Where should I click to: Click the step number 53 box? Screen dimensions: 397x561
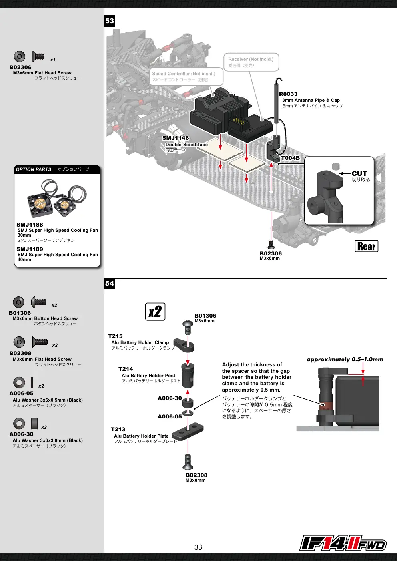pos(110,21)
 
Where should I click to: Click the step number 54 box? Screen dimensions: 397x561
pos(110,284)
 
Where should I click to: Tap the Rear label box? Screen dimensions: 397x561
pos(366,246)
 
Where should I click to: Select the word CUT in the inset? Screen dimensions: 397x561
pos(359,173)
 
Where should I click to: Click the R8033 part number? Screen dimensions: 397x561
pos(288,94)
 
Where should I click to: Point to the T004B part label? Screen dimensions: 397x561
pos(290,158)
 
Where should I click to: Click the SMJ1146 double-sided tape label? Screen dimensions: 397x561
pos(176,138)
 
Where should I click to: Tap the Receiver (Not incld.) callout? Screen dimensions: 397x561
pos(251,62)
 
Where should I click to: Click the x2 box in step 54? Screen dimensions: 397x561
pos(155,312)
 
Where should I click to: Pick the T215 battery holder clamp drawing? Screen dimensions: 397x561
pos(184,345)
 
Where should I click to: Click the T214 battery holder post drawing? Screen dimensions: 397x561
pos(188,376)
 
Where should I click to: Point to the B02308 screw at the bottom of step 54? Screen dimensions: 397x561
pos(188,462)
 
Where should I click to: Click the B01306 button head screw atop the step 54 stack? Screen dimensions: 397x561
pos(188,328)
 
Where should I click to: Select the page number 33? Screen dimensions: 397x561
pos(198,547)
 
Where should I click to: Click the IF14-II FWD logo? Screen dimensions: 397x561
pos(343,543)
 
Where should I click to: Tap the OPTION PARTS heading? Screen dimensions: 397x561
pos(33,169)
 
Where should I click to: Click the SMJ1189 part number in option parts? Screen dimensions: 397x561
pos(30,249)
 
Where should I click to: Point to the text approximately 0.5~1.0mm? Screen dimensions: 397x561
pos(345,359)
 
